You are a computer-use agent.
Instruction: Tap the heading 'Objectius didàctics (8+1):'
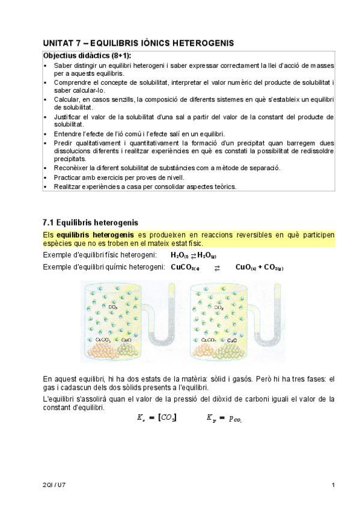pyautogui.click(x=87, y=55)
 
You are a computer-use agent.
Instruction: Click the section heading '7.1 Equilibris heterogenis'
pyautogui.click(x=91, y=223)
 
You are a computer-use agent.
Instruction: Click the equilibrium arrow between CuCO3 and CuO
pyautogui.click(x=217, y=267)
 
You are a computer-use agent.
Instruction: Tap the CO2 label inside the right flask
pyautogui.click(x=219, y=307)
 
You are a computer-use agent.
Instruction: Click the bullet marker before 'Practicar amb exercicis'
pyautogui.click(x=46, y=177)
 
